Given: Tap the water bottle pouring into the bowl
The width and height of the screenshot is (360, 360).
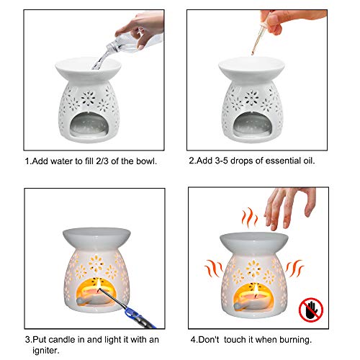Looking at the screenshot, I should pos(127,35).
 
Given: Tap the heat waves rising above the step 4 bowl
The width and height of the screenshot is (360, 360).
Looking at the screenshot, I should pos(248,217).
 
